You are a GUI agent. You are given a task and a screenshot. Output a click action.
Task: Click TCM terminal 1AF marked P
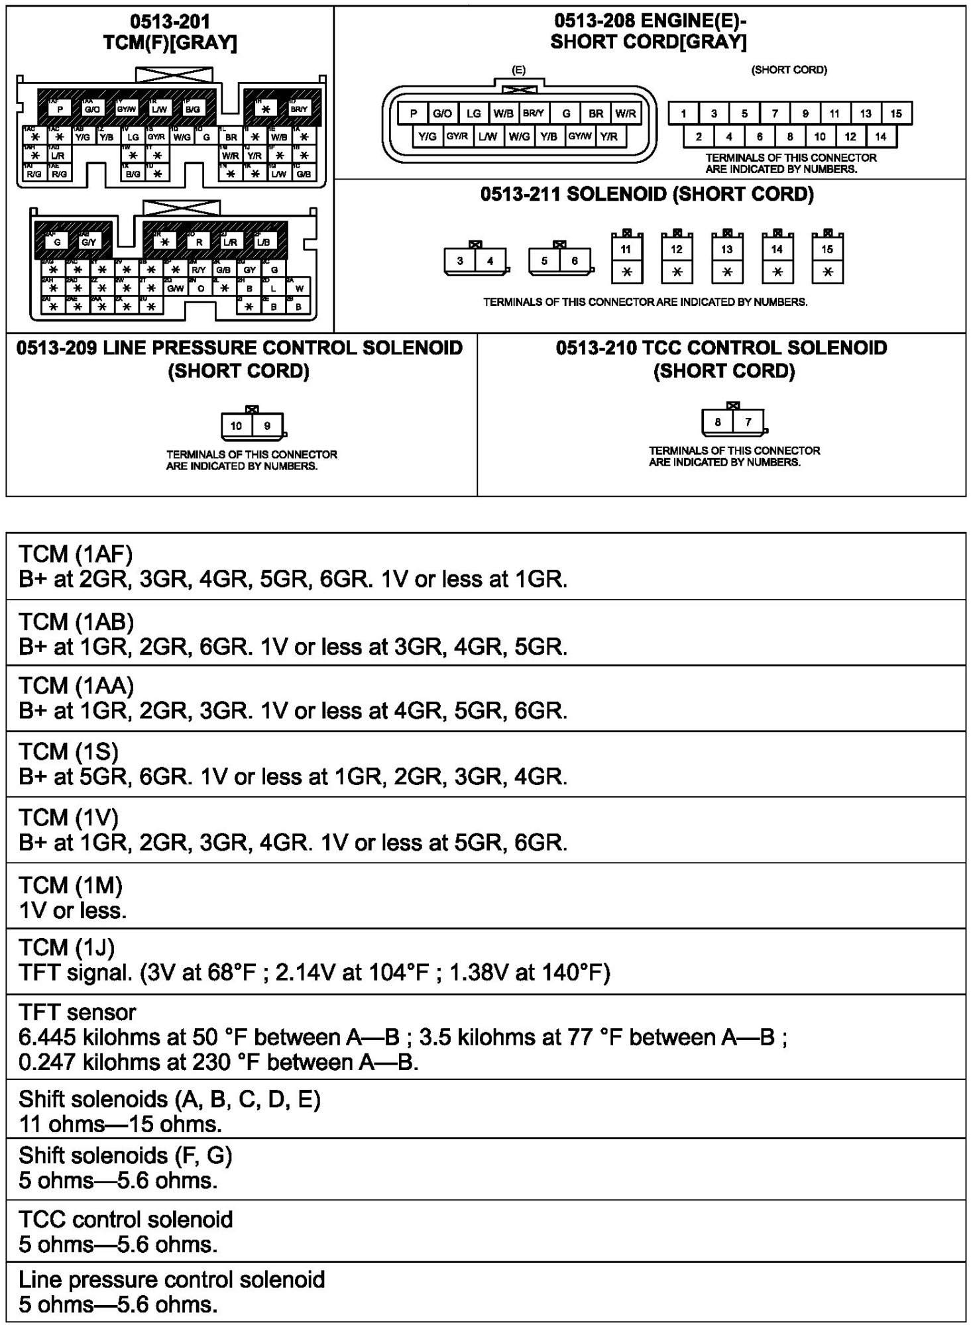click(60, 109)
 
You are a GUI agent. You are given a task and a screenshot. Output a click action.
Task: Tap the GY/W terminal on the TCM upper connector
click(126, 109)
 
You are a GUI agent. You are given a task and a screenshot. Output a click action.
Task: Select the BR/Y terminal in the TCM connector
click(299, 109)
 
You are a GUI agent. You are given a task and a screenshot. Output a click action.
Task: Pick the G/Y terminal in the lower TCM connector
click(88, 242)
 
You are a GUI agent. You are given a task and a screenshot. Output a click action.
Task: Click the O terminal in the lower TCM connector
click(201, 289)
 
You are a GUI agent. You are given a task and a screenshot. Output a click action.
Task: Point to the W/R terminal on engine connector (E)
click(625, 113)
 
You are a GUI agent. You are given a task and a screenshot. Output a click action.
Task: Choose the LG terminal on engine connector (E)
click(473, 113)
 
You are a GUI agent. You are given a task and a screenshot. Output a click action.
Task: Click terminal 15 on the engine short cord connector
click(896, 113)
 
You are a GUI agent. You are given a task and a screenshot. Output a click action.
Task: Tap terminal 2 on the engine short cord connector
click(699, 136)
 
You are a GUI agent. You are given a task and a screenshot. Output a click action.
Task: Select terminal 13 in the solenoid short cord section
click(727, 250)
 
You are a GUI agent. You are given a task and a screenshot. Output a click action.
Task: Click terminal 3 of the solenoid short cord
click(460, 261)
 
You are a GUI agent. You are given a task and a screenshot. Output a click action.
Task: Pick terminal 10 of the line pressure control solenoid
click(237, 426)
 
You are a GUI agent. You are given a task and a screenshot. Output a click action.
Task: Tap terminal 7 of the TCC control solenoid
click(748, 422)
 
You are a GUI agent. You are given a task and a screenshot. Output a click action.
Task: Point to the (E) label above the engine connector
click(519, 70)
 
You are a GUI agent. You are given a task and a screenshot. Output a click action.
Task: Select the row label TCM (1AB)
click(76, 621)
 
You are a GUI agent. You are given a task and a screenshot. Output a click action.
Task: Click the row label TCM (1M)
click(70, 885)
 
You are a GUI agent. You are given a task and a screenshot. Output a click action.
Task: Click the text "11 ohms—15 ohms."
click(120, 1124)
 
